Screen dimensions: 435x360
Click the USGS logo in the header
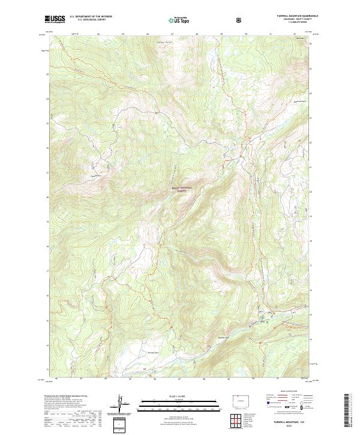55,20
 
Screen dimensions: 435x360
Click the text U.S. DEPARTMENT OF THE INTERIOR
91,17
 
